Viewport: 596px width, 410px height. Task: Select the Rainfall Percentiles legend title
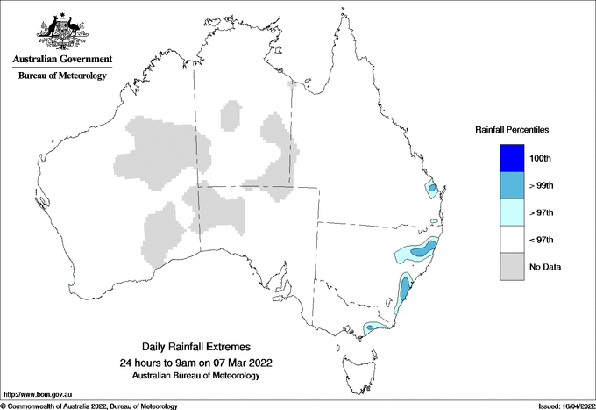(x=512, y=129)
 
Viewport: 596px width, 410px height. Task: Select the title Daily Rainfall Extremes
(x=195, y=349)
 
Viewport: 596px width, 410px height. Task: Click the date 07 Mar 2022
(x=241, y=363)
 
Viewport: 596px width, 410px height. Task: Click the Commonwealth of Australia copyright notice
(x=89, y=406)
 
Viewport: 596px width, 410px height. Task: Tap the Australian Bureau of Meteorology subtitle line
(x=195, y=376)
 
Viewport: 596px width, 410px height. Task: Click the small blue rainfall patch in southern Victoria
(x=372, y=327)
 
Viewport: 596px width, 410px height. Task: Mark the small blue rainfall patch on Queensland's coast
(x=431, y=189)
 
